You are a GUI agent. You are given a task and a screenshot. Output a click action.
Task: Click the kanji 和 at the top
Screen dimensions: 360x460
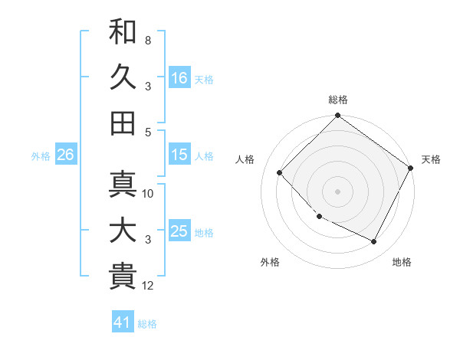pos(123,31)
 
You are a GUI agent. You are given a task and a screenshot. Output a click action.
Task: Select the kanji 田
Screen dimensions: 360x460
pos(123,123)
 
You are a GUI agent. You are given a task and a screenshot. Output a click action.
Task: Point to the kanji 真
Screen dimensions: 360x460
pos(123,184)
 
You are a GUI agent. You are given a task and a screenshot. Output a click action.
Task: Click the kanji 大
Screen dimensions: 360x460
pos(123,231)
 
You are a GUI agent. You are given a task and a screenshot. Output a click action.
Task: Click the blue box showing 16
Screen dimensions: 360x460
pos(179,77)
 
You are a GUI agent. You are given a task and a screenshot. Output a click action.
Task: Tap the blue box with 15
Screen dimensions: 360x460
pos(179,155)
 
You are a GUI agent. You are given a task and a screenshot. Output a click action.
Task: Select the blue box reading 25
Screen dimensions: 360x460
pos(179,231)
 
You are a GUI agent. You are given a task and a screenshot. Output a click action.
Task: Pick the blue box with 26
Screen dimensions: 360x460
pos(65,155)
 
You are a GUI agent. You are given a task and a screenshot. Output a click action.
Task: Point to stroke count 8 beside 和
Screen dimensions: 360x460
pos(148,40)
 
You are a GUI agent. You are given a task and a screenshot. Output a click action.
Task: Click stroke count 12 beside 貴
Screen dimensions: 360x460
pos(148,286)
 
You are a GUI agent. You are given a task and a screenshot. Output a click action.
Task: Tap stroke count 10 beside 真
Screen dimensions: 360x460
pos(148,194)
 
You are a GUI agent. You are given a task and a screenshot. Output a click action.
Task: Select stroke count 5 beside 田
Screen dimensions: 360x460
pos(148,132)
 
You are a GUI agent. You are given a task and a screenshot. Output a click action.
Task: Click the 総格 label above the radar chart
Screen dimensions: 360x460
pos(338,100)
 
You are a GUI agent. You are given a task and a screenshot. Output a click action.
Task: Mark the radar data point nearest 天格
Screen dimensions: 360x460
pos(411,168)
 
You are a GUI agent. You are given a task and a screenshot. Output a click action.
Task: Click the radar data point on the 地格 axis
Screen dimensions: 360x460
pos(374,242)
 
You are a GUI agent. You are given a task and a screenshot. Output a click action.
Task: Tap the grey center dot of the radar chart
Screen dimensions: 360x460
pos(337,191)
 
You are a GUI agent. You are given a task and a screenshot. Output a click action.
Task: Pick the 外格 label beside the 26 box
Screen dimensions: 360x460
pos(41,155)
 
